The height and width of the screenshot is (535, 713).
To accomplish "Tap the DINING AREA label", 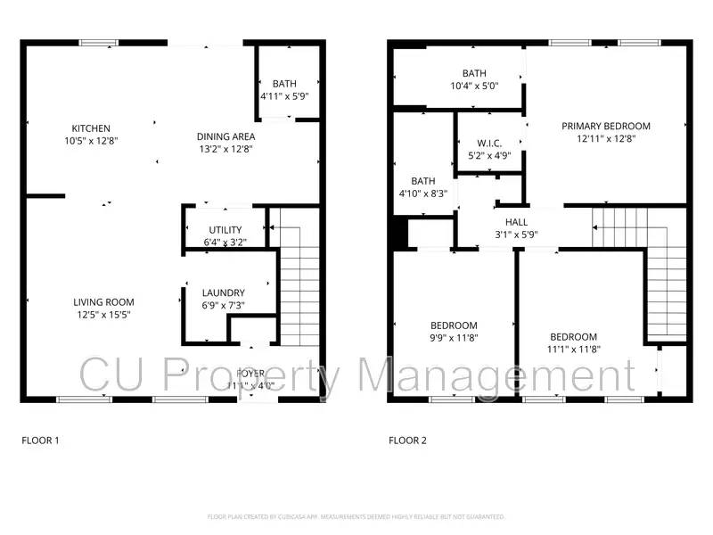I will (x=226, y=136).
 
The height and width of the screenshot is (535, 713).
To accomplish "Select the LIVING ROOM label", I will (x=103, y=302).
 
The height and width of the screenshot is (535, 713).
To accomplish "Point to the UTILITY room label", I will (x=225, y=230).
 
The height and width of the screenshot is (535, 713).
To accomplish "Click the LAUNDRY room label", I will (x=223, y=292).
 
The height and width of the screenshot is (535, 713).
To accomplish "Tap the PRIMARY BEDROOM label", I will (x=605, y=127).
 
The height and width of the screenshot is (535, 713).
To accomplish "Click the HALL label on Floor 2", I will (x=516, y=222).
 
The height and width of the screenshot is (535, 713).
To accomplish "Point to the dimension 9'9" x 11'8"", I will (x=454, y=338).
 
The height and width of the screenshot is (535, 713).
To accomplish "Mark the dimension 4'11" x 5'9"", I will (x=284, y=95).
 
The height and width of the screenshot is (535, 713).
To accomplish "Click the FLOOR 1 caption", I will (x=40, y=440).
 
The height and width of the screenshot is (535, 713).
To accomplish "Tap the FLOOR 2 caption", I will (x=407, y=440).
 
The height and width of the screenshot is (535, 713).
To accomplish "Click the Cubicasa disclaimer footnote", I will (x=356, y=516).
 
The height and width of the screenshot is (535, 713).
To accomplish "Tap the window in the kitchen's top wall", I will (x=99, y=42).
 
